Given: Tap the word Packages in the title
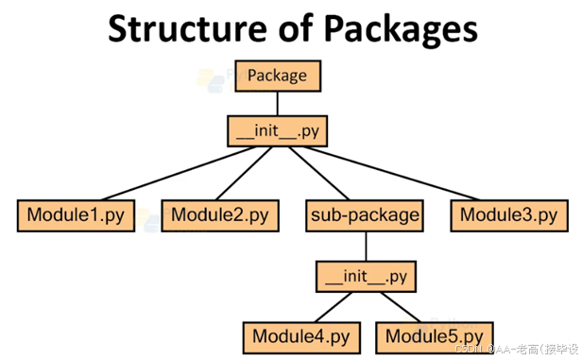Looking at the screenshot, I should click(397, 29).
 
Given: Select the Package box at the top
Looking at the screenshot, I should click(278, 76).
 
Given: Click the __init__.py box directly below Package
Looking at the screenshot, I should click(278, 130).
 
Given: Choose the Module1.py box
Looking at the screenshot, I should click(74, 215).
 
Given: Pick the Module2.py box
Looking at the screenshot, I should click(219, 215).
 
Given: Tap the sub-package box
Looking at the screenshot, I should click(365, 215).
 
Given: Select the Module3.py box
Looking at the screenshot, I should click(508, 215).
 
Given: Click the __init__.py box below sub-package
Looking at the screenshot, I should click(365, 277).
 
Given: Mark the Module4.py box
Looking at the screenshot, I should click(300, 335).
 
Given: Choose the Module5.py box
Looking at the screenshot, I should click(433, 335).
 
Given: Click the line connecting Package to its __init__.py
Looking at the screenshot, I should click(278, 103).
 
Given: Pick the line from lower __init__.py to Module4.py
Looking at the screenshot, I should click(331, 306).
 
